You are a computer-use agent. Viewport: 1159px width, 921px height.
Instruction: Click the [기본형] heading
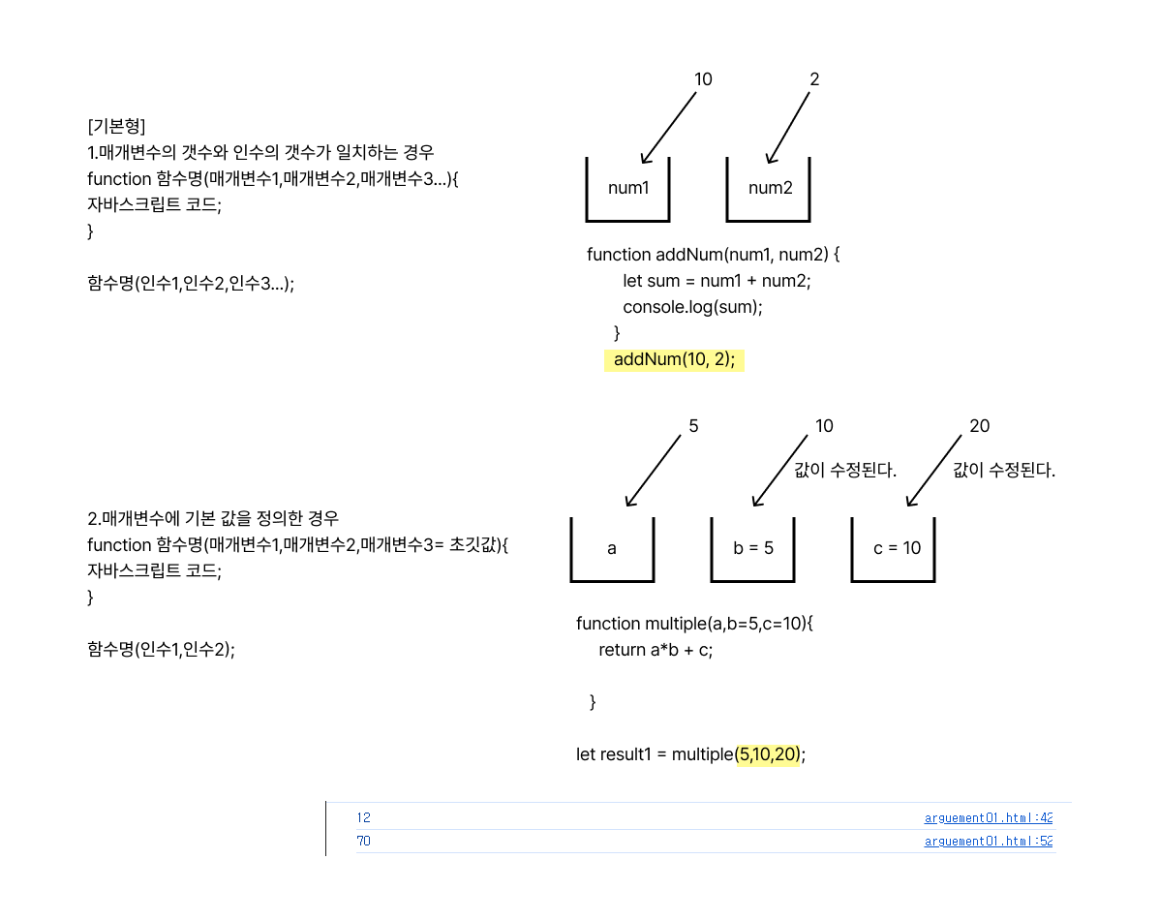click(x=116, y=127)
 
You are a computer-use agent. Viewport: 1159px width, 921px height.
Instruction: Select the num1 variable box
click(x=628, y=188)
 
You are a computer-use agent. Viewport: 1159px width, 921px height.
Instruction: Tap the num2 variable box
click(x=770, y=188)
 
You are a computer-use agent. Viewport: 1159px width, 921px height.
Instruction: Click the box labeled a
click(x=612, y=548)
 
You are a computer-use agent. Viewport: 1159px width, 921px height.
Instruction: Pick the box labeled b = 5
click(x=753, y=548)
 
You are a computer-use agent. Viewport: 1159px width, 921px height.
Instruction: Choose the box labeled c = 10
click(x=897, y=548)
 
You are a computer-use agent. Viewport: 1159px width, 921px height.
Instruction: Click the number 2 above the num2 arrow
click(x=814, y=79)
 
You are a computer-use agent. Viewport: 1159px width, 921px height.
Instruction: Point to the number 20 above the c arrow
click(x=979, y=426)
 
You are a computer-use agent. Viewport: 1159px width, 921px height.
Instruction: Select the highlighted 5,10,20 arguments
click(x=769, y=754)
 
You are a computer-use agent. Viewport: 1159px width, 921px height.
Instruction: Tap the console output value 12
click(x=363, y=817)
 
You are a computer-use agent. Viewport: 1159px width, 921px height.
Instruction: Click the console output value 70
click(x=363, y=841)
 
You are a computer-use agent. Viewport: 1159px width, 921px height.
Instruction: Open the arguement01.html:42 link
click(x=988, y=817)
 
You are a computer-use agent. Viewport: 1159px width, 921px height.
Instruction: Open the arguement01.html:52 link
click(x=988, y=841)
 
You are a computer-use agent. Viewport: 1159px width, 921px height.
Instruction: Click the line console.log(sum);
click(x=692, y=307)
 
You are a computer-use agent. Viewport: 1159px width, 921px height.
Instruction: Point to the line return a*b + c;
click(x=656, y=650)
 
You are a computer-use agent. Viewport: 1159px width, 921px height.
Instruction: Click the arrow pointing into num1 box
click(x=668, y=128)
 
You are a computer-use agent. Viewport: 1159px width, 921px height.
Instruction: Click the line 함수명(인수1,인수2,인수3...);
click(x=191, y=284)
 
